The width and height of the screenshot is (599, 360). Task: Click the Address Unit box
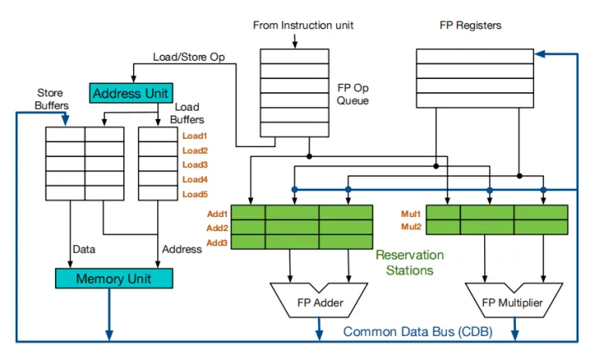(x=131, y=93)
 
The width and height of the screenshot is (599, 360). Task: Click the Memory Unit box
(x=113, y=279)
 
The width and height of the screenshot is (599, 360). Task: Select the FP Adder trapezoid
(x=316, y=302)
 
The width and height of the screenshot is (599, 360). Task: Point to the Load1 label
(x=195, y=136)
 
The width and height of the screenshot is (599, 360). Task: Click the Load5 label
(x=195, y=194)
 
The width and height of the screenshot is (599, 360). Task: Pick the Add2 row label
(x=218, y=228)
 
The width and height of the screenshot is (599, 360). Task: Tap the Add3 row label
(x=218, y=242)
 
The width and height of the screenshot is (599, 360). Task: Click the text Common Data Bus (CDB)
(x=418, y=333)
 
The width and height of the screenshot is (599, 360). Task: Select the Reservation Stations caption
(x=409, y=263)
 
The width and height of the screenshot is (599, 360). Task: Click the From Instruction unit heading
(x=303, y=26)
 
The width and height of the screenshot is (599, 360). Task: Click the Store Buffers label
(x=52, y=99)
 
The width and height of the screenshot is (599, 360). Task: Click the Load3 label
(x=195, y=165)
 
